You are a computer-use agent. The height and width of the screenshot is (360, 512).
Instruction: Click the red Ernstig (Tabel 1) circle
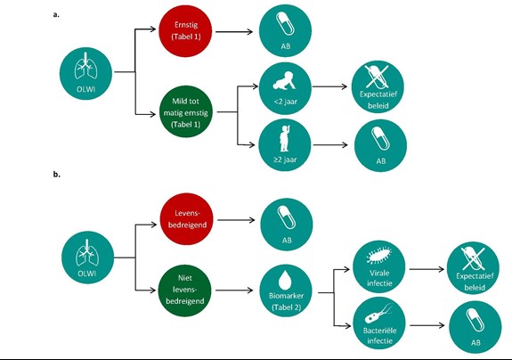185,30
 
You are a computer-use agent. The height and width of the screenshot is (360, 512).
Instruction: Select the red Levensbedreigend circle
187,219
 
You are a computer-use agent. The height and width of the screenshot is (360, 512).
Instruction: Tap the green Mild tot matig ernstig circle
186,112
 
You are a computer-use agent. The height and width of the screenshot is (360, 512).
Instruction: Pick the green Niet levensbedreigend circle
185,290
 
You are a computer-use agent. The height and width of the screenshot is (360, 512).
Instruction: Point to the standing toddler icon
285,138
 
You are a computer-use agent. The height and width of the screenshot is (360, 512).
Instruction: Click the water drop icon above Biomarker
286,280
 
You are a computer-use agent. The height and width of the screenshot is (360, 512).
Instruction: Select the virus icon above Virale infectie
379,255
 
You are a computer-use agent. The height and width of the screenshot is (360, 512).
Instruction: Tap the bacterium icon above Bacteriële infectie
378,315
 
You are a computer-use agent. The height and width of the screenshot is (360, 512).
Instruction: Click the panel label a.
56,14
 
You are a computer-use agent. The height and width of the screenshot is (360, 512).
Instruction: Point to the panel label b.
56,175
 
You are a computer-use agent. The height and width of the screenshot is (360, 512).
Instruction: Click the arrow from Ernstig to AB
234,32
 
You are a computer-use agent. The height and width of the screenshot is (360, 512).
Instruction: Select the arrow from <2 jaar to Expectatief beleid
329,86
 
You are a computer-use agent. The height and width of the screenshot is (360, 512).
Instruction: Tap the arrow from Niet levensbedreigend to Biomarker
234,290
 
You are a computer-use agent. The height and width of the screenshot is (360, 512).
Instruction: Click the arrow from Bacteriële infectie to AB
427,325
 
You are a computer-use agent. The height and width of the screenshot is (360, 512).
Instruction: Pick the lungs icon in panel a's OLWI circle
85,66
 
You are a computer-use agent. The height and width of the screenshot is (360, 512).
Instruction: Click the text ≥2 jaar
285,160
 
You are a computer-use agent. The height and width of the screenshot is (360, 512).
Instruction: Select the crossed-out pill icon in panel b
473,258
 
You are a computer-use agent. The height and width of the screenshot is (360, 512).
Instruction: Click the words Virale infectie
379,278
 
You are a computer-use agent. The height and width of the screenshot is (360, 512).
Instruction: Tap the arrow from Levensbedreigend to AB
236,220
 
